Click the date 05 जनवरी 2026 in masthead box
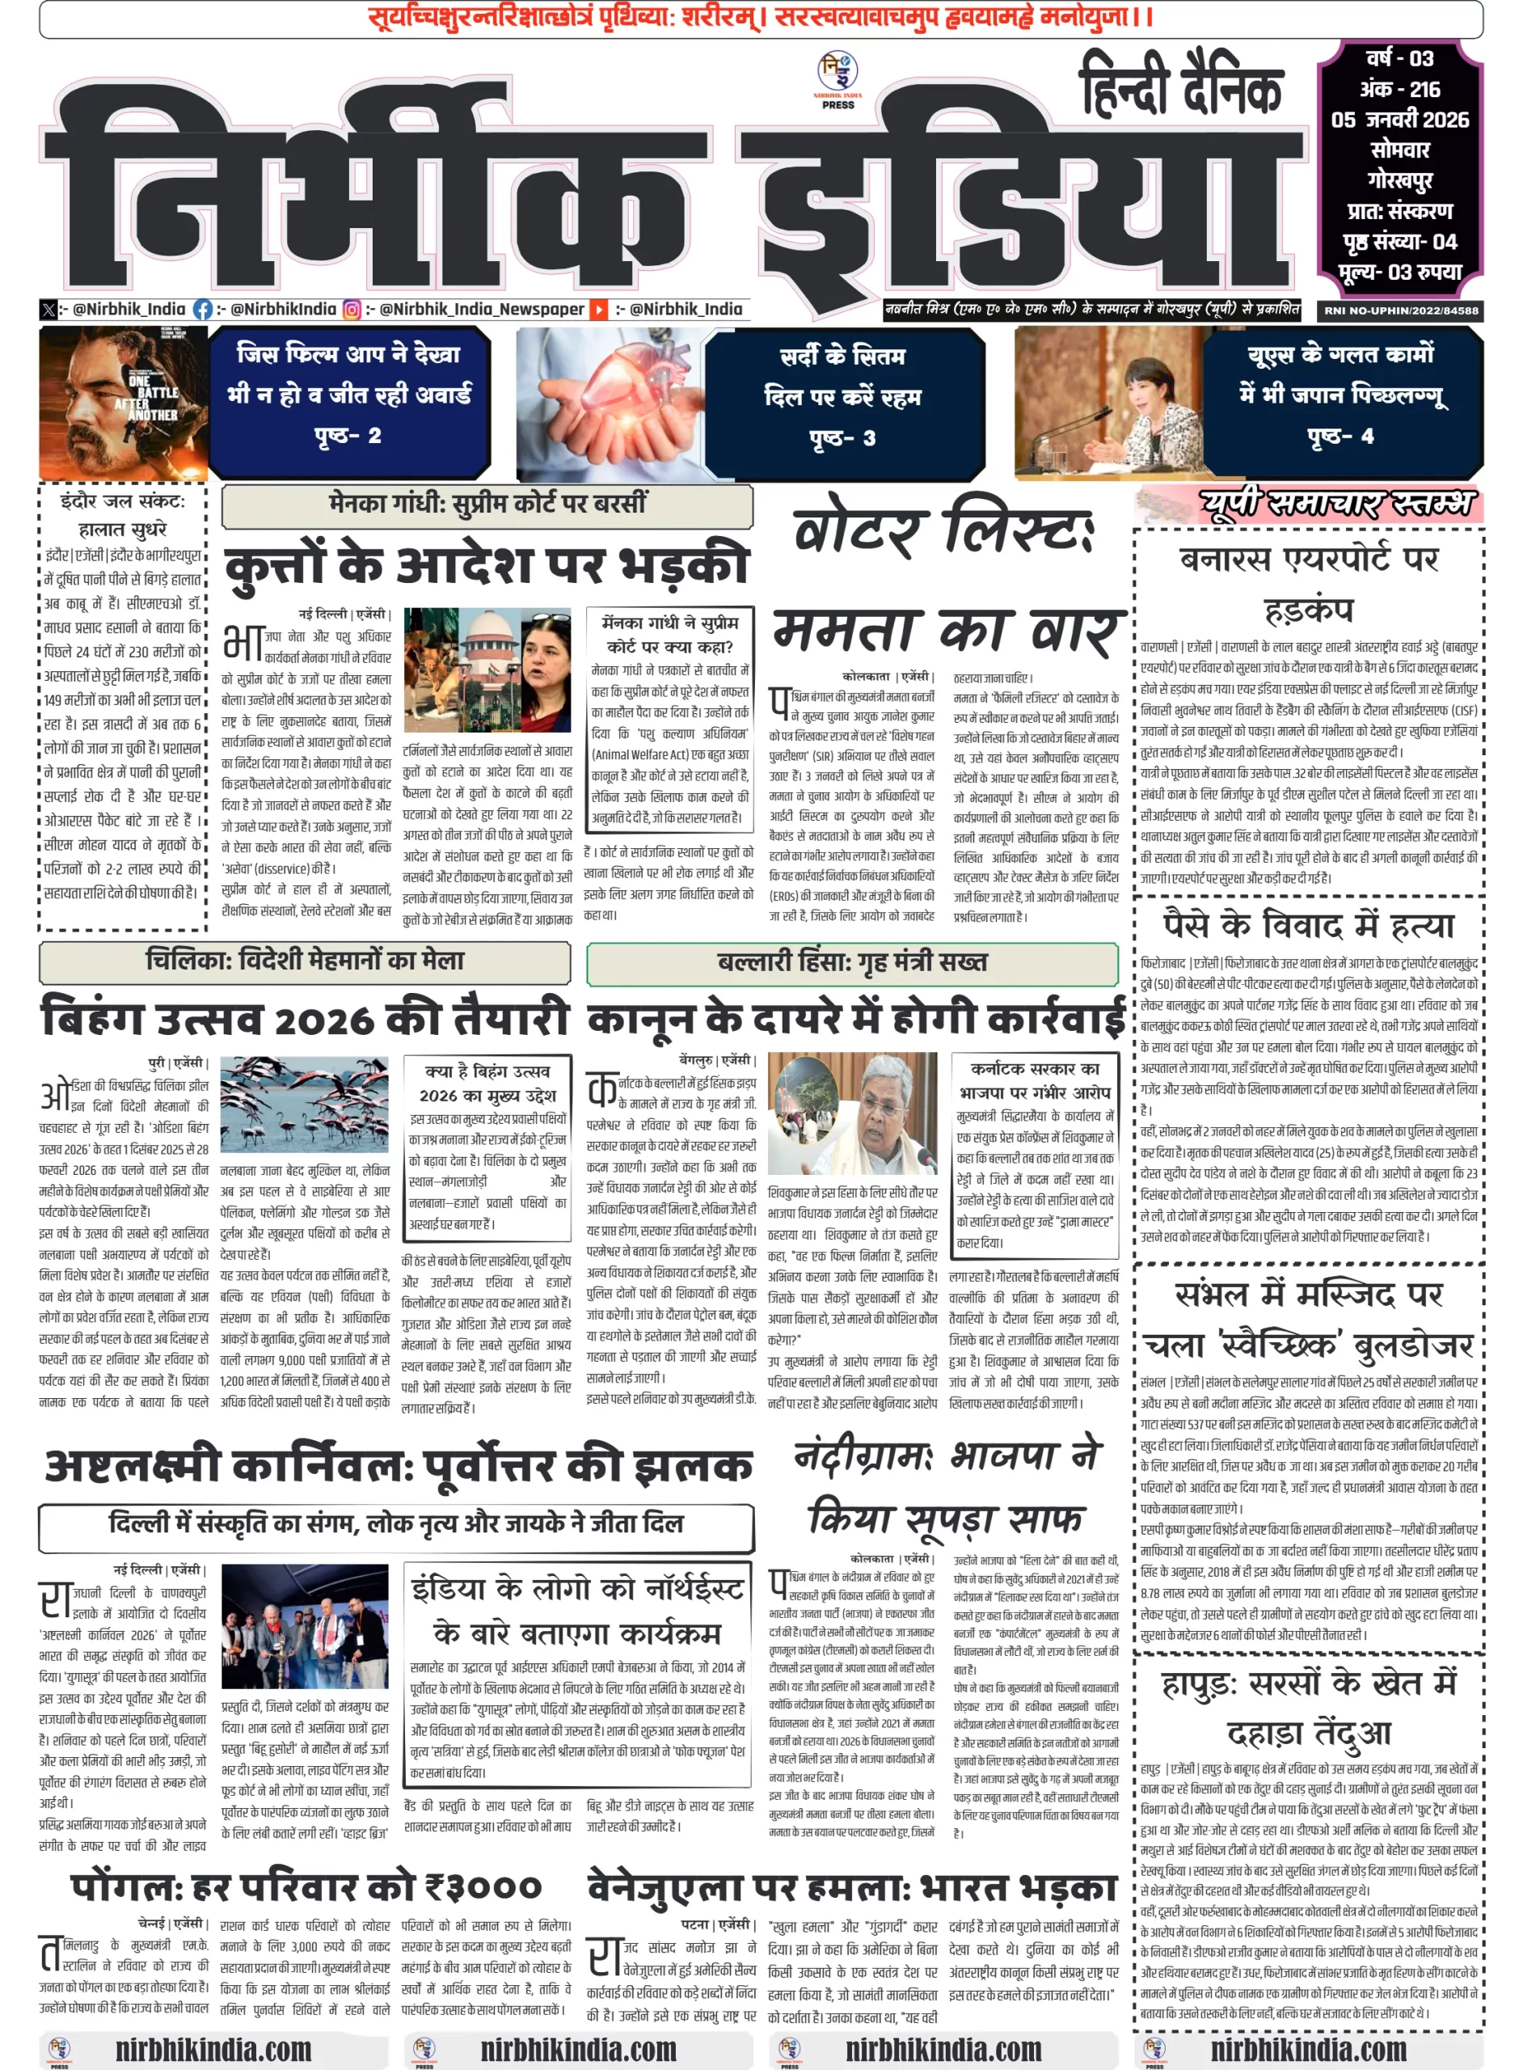coord(1399,120)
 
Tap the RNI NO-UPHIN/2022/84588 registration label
coord(1400,310)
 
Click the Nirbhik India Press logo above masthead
coord(838,79)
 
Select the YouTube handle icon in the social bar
coord(599,310)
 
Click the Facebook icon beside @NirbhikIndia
coord(203,310)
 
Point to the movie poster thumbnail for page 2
coord(124,403)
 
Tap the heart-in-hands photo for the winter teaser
coord(609,403)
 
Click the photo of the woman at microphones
coord(1107,403)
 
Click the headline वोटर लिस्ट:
coord(943,528)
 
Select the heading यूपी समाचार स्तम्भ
coord(1337,504)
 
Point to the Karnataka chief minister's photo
coord(852,1113)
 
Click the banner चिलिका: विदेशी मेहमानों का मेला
coord(304,961)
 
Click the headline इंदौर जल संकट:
coord(123,501)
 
